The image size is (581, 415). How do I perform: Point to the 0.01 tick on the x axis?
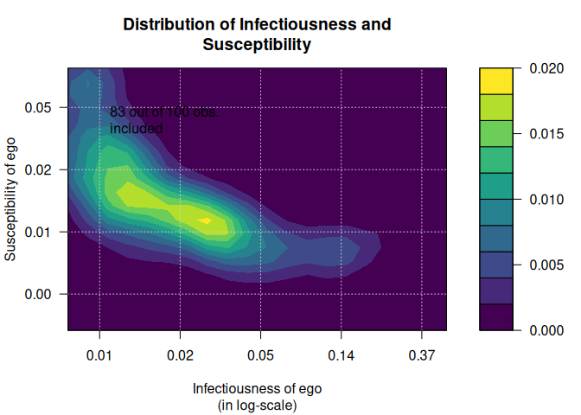(x=99, y=355)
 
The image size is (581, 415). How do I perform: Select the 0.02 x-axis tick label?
(x=180, y=355)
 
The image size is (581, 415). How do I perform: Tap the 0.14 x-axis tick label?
(x=341, y=355)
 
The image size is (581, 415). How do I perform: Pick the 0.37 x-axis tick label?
(x=421, y=355)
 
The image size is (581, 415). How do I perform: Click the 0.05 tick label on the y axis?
(x=43, y=107)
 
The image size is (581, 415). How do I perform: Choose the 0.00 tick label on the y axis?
(x=43, y=294)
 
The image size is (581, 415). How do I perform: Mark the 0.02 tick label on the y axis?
(x=43, y=169)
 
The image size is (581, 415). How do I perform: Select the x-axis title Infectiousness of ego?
(x=257, y=388)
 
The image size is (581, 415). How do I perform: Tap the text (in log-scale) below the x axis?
(x=257, y=405)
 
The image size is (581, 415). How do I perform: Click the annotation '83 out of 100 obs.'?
(x=164, y=112)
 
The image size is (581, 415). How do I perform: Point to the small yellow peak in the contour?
(x=205, y=220)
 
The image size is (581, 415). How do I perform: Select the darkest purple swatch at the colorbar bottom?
(x=496, y=316)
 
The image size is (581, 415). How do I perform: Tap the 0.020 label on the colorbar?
(x=546, y=69)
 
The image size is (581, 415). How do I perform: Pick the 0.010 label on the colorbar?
(x=546, y=200)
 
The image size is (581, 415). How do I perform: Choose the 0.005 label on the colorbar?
(x=546, y=265)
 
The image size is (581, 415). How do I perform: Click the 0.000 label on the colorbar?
(x=546, y=330)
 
